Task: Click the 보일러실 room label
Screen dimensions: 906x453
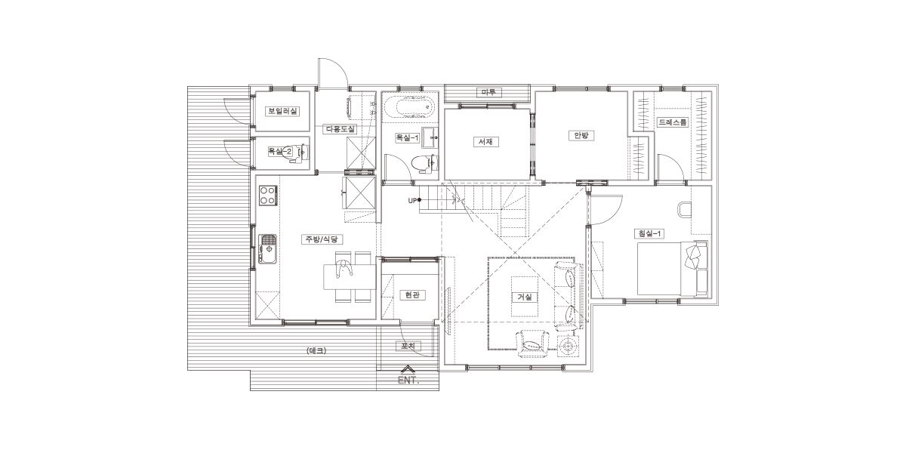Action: pos(282,111)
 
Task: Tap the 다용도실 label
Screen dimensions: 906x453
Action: pos(340,129)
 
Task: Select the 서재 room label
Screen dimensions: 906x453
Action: pos(485,142)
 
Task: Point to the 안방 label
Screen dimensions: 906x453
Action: pos(581,135)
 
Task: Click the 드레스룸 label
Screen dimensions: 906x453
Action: pos(672,122)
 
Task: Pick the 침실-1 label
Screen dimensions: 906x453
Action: pos(649,233)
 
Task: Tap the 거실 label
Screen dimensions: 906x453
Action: pos(525,297)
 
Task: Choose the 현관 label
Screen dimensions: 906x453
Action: pos(412,295)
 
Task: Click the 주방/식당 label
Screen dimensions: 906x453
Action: pos(322,239)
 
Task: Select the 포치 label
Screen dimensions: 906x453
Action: pos(408,346)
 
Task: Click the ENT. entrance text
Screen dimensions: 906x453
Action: pos(408,381)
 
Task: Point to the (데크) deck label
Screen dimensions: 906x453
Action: pos(316,350)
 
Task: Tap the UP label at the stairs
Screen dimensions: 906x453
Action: pos(412,201)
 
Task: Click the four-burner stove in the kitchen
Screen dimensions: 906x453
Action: pos(268,196)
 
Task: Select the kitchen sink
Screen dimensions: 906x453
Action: pos(267,249)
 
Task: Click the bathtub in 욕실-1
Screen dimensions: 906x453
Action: pos(410,107)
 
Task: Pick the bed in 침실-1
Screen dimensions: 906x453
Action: pos(672,269)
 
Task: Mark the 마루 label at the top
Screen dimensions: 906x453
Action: pos(488,93)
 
